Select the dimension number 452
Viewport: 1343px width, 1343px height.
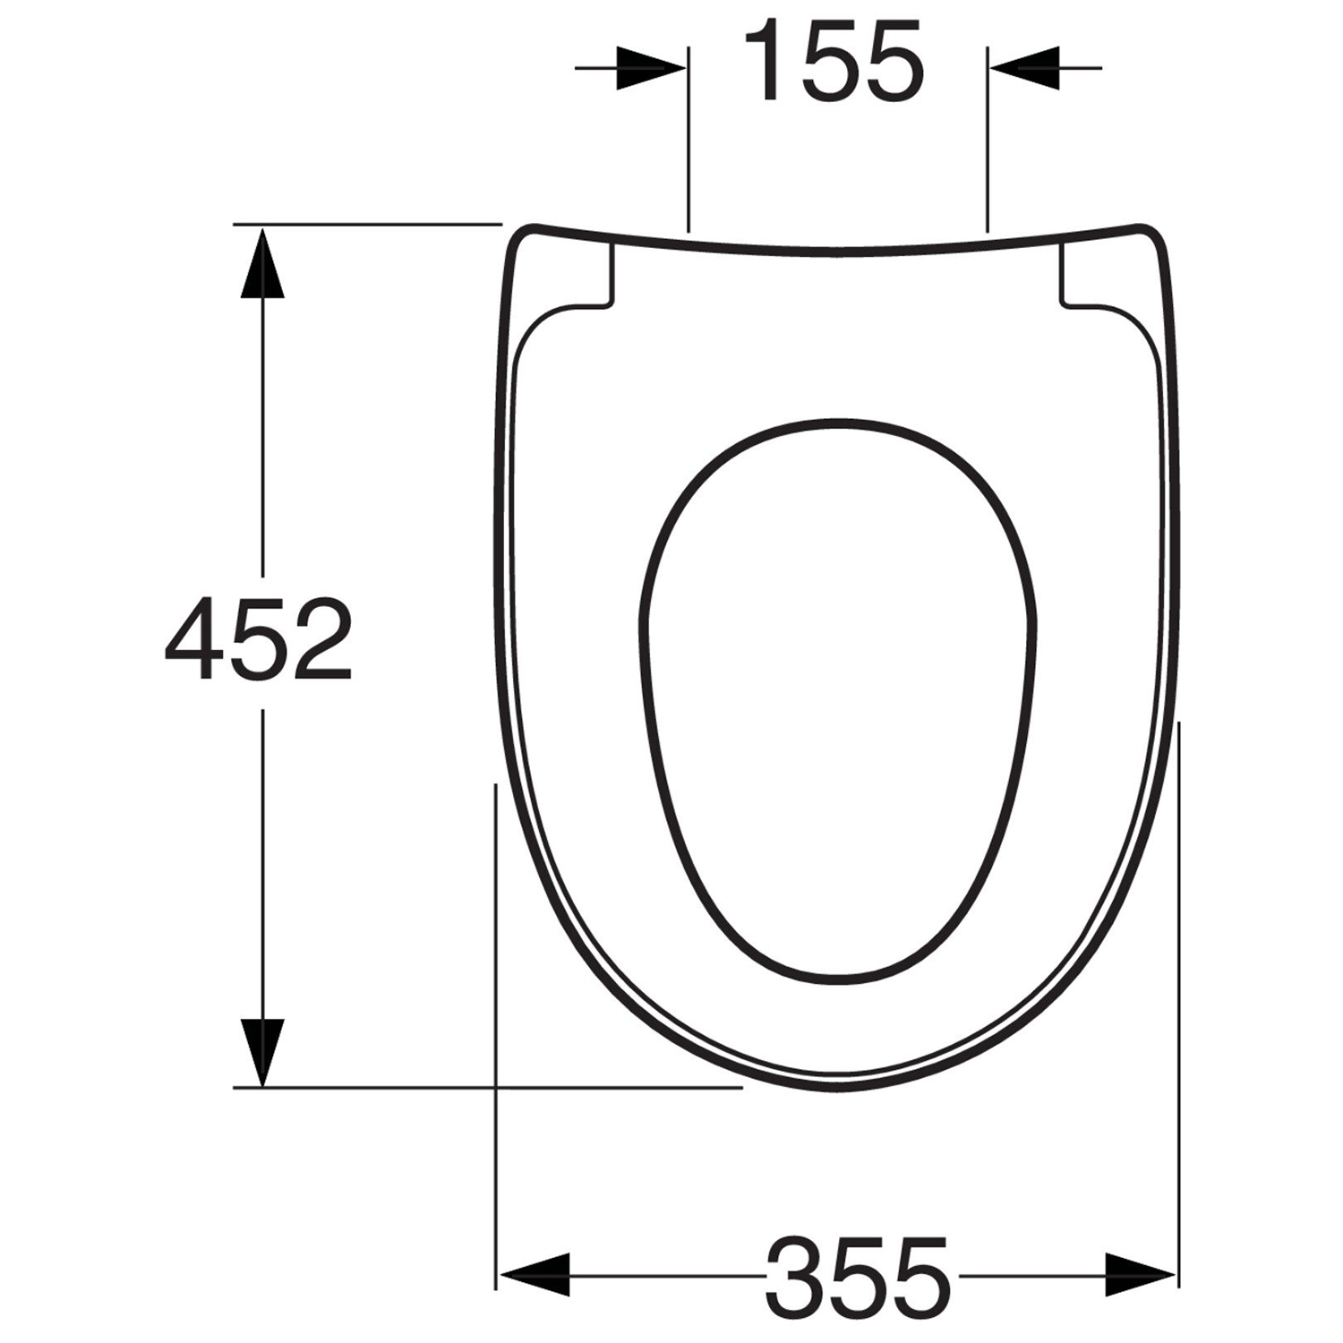coord(259,638)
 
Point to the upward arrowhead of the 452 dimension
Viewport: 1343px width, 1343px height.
coord(262,261)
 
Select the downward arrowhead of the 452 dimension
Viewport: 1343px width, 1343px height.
coord(262,1051)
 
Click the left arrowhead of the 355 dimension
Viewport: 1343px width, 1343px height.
coord(534,1273)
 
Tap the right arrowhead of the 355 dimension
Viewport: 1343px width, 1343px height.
coord(1141,1273)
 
